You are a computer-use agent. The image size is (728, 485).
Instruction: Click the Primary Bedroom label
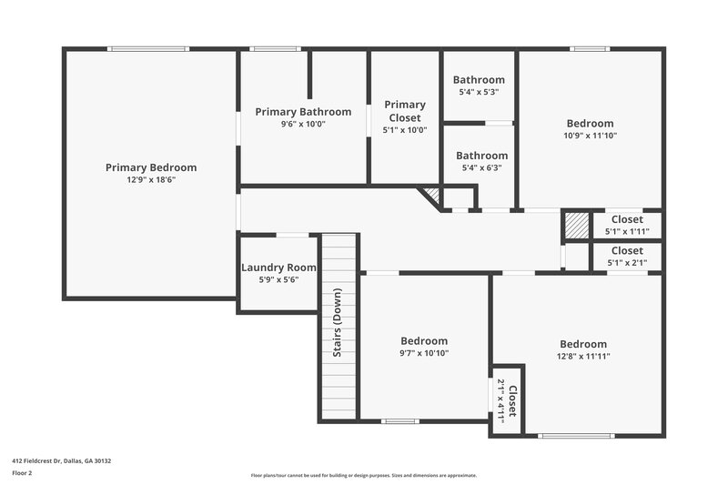[151, 167]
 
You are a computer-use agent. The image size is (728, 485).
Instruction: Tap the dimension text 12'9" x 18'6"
[151, 180]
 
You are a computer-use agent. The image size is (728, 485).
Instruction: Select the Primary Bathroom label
[303, 112]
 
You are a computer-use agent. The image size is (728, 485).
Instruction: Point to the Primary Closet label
[405, 111]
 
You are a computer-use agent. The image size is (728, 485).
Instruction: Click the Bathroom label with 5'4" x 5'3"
[480, 80]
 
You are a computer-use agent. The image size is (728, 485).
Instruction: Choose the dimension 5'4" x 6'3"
[481, 167]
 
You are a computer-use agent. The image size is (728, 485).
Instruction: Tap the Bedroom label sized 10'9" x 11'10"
[590, 124]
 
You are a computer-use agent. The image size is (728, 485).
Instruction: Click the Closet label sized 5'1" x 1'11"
[627, 219]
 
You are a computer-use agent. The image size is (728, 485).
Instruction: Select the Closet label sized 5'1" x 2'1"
[627, 250]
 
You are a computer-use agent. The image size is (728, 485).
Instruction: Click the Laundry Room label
[278, 268]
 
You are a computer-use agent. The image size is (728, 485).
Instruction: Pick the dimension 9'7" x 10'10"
[424, 353]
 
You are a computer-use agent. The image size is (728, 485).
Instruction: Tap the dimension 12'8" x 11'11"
[583, 356]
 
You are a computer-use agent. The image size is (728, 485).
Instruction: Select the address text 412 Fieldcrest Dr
[61, 460]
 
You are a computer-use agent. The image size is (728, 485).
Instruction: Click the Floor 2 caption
[23, 473]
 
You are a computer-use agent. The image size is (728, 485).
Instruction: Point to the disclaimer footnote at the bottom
[364, 475]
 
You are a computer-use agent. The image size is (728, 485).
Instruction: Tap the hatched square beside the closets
[575, 225]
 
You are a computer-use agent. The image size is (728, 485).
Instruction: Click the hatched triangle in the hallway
[430, 195]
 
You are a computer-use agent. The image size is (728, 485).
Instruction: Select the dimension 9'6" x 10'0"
[303, 124]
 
